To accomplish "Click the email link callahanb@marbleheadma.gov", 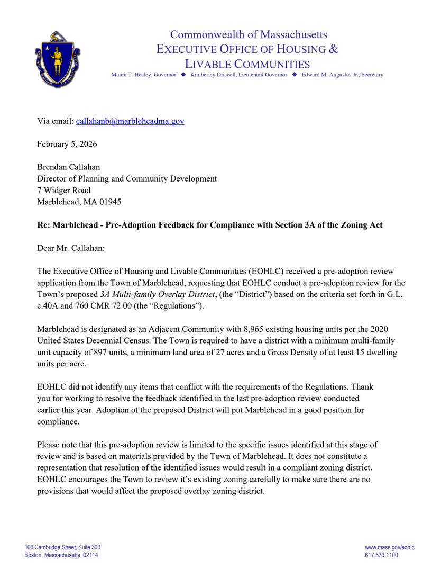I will click(130, 121).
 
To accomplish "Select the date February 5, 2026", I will click(67, 144).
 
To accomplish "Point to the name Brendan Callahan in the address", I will click(69, 167).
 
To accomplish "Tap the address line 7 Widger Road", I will click(63, 190).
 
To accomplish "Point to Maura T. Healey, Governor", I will click(143, 75).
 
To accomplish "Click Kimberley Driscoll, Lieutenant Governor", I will click(238, 75).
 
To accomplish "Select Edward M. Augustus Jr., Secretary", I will click(342, 75).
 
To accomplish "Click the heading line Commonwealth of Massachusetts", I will click(249, 35).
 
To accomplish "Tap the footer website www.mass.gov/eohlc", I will click(389, 547).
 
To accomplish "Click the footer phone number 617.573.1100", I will click(381, 555).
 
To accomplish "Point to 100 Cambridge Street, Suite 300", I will click(62, 547).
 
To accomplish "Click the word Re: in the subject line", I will click(44, 225).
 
